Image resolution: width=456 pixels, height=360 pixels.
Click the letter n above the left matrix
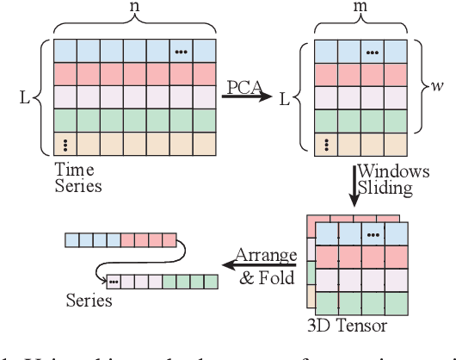pos(133,8)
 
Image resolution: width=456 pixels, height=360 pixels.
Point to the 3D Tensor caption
pos(347,326)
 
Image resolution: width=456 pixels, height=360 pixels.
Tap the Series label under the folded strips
pos(89,301)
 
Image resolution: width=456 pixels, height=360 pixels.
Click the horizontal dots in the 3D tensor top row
pos(373,233)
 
